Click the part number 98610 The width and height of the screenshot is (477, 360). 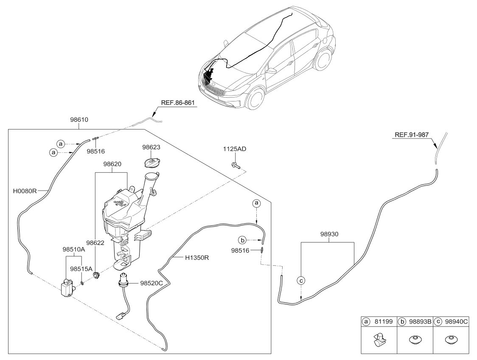(79, 120)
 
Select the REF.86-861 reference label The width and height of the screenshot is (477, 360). (178, 102)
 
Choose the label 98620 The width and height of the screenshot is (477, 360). (112, 163)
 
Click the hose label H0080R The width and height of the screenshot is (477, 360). (25, 191)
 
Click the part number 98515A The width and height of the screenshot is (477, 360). (81, 269)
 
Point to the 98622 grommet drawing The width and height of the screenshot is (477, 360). (97, 276)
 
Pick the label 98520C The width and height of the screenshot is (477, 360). (152, 283)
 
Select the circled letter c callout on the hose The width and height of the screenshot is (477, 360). (301, 280)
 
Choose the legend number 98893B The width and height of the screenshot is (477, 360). (418, 322)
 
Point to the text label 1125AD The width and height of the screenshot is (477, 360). (235, 149)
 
